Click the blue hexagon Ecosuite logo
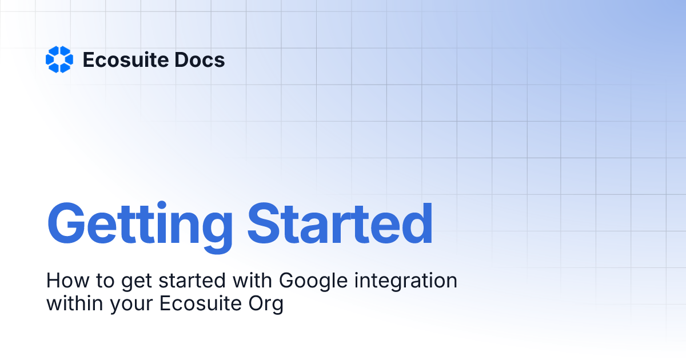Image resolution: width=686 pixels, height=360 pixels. coord(59,59)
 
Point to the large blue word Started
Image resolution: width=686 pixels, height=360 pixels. coord(341,223)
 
